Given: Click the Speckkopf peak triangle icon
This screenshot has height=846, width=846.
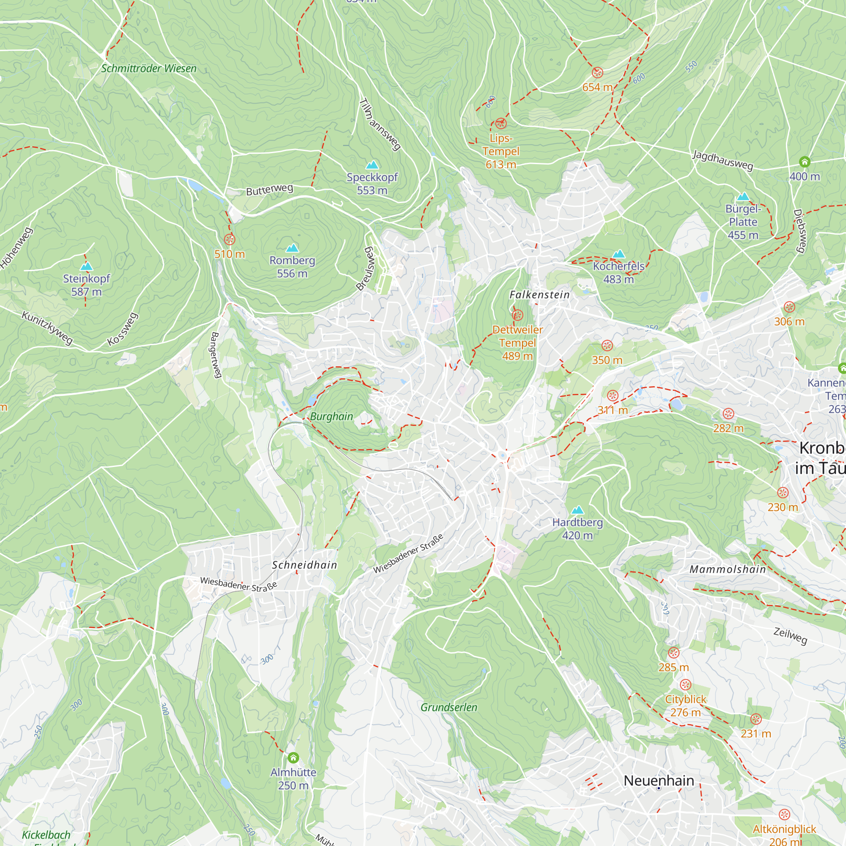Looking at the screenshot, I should pos(372,165).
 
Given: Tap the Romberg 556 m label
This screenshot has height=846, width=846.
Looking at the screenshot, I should pos(292,266).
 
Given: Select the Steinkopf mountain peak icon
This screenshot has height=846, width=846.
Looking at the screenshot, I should pos(87,266).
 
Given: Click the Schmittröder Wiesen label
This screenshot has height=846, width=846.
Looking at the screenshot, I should pos(149,68).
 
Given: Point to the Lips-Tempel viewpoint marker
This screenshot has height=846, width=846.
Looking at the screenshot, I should pos(501,124).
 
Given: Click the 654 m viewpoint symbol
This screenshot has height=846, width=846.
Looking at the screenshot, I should pos(597,73).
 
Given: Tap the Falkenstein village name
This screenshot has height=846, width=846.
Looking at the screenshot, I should pos(539,295).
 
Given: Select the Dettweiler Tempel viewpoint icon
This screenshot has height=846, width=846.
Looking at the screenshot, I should pos(518,315).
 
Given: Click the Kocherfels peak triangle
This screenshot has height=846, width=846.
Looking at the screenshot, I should pos(618,254).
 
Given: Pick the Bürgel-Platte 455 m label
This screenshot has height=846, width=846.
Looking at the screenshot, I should pos(743,222).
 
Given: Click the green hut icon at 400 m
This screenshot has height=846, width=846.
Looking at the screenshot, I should pos(805,162).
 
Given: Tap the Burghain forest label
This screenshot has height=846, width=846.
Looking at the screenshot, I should pos(332,416).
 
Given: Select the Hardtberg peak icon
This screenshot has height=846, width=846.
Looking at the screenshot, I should pos(577,510).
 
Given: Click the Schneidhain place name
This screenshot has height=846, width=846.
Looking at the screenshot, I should pos(305,565).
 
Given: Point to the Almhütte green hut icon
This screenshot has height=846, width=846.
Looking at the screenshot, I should pos(294,757).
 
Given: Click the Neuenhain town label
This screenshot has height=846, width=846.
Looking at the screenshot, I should pos(659,780).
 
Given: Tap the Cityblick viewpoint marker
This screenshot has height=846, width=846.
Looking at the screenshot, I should pos(686,684).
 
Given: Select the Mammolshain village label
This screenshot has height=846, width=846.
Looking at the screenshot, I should pos(728,569).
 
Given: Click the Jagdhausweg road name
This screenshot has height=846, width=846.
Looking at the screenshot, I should pos(722,160).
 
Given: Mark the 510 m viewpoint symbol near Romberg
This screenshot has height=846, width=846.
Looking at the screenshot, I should pos(229,239).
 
